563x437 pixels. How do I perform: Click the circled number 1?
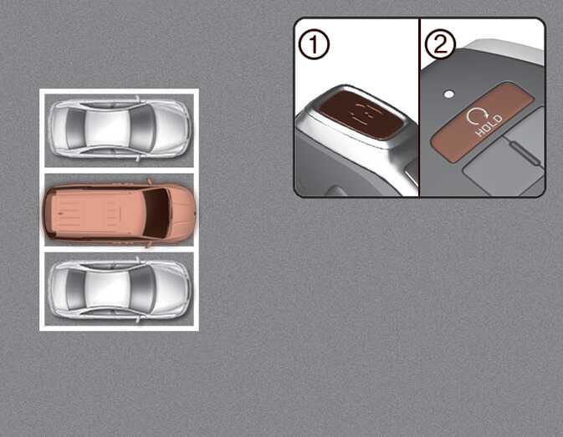tap(315, 45)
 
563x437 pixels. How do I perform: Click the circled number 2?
tap(440, 44)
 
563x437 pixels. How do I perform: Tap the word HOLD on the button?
tap(489, 125)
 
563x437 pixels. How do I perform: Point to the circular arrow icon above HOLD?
tap(478, 115)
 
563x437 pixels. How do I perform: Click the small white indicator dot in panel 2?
tap(449, 94)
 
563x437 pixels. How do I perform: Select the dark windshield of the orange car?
tap(156, 213)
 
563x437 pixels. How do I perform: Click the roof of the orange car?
tap(97, 213)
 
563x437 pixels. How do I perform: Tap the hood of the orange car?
tap(182, 213)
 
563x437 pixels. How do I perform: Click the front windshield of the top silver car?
tap(142, 128)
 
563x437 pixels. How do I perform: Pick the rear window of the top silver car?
tap(75, 128)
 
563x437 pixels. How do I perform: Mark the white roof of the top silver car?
tap(107, 128)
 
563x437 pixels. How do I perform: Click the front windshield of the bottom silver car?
tap(142, 289)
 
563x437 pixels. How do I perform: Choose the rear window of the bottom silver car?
tap(75, 289)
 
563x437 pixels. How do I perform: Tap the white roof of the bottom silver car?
tap(107, 289)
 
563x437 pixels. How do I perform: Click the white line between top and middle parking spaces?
tap(119, 170)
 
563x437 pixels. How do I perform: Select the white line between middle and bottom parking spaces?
tap(119, 250)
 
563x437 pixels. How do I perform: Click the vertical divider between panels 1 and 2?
tap(419, 107)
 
